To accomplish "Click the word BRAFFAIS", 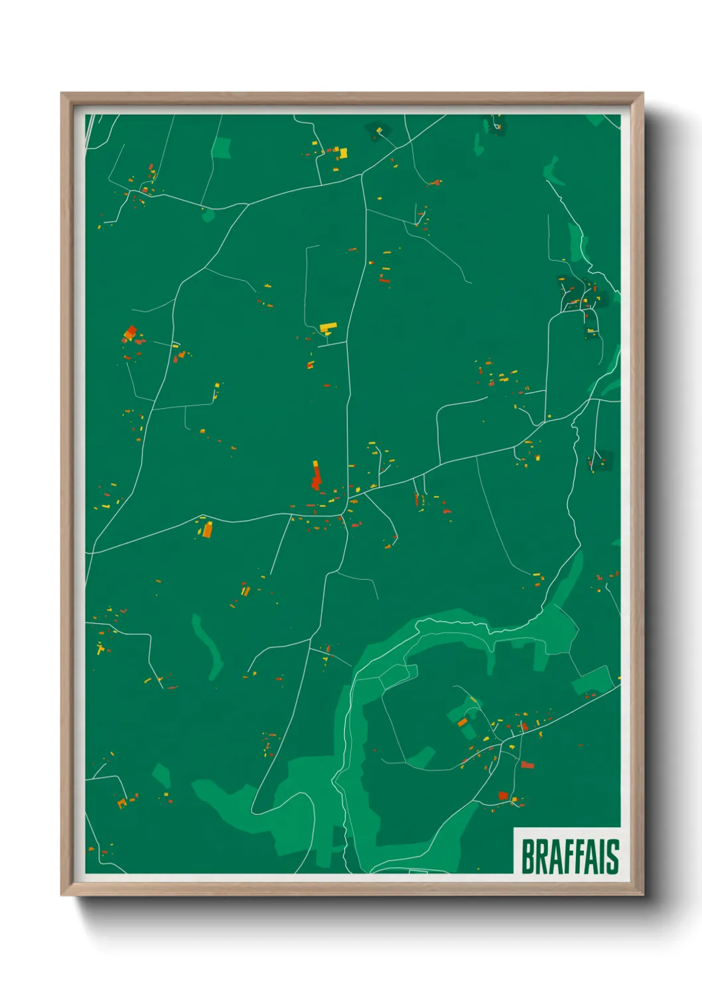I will [x=569, y=856].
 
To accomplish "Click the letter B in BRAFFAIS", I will [x=528, y=856].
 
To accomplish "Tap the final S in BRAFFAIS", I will [x=612, y=856].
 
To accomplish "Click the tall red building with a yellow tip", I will [x=316, y=476].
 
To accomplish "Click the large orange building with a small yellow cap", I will [x=207, y=529].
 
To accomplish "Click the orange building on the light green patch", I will [x=462, y=722].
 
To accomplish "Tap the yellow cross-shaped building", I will [x=100, y=648].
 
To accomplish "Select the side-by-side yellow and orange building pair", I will [x=245, y=590].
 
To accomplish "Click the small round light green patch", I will [x=208, y=215].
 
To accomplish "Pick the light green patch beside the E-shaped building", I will [x=222, y=147].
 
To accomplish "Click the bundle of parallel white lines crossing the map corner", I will [x=90, y=129].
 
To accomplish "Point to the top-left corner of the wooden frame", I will [x=62, y=94].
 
